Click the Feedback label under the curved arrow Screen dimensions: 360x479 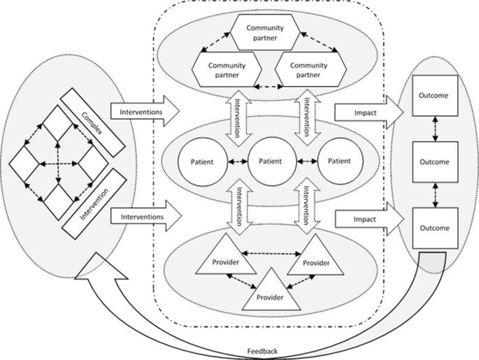click(x=262, y=350)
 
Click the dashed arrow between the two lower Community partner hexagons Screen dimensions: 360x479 click(x=266, y=88)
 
